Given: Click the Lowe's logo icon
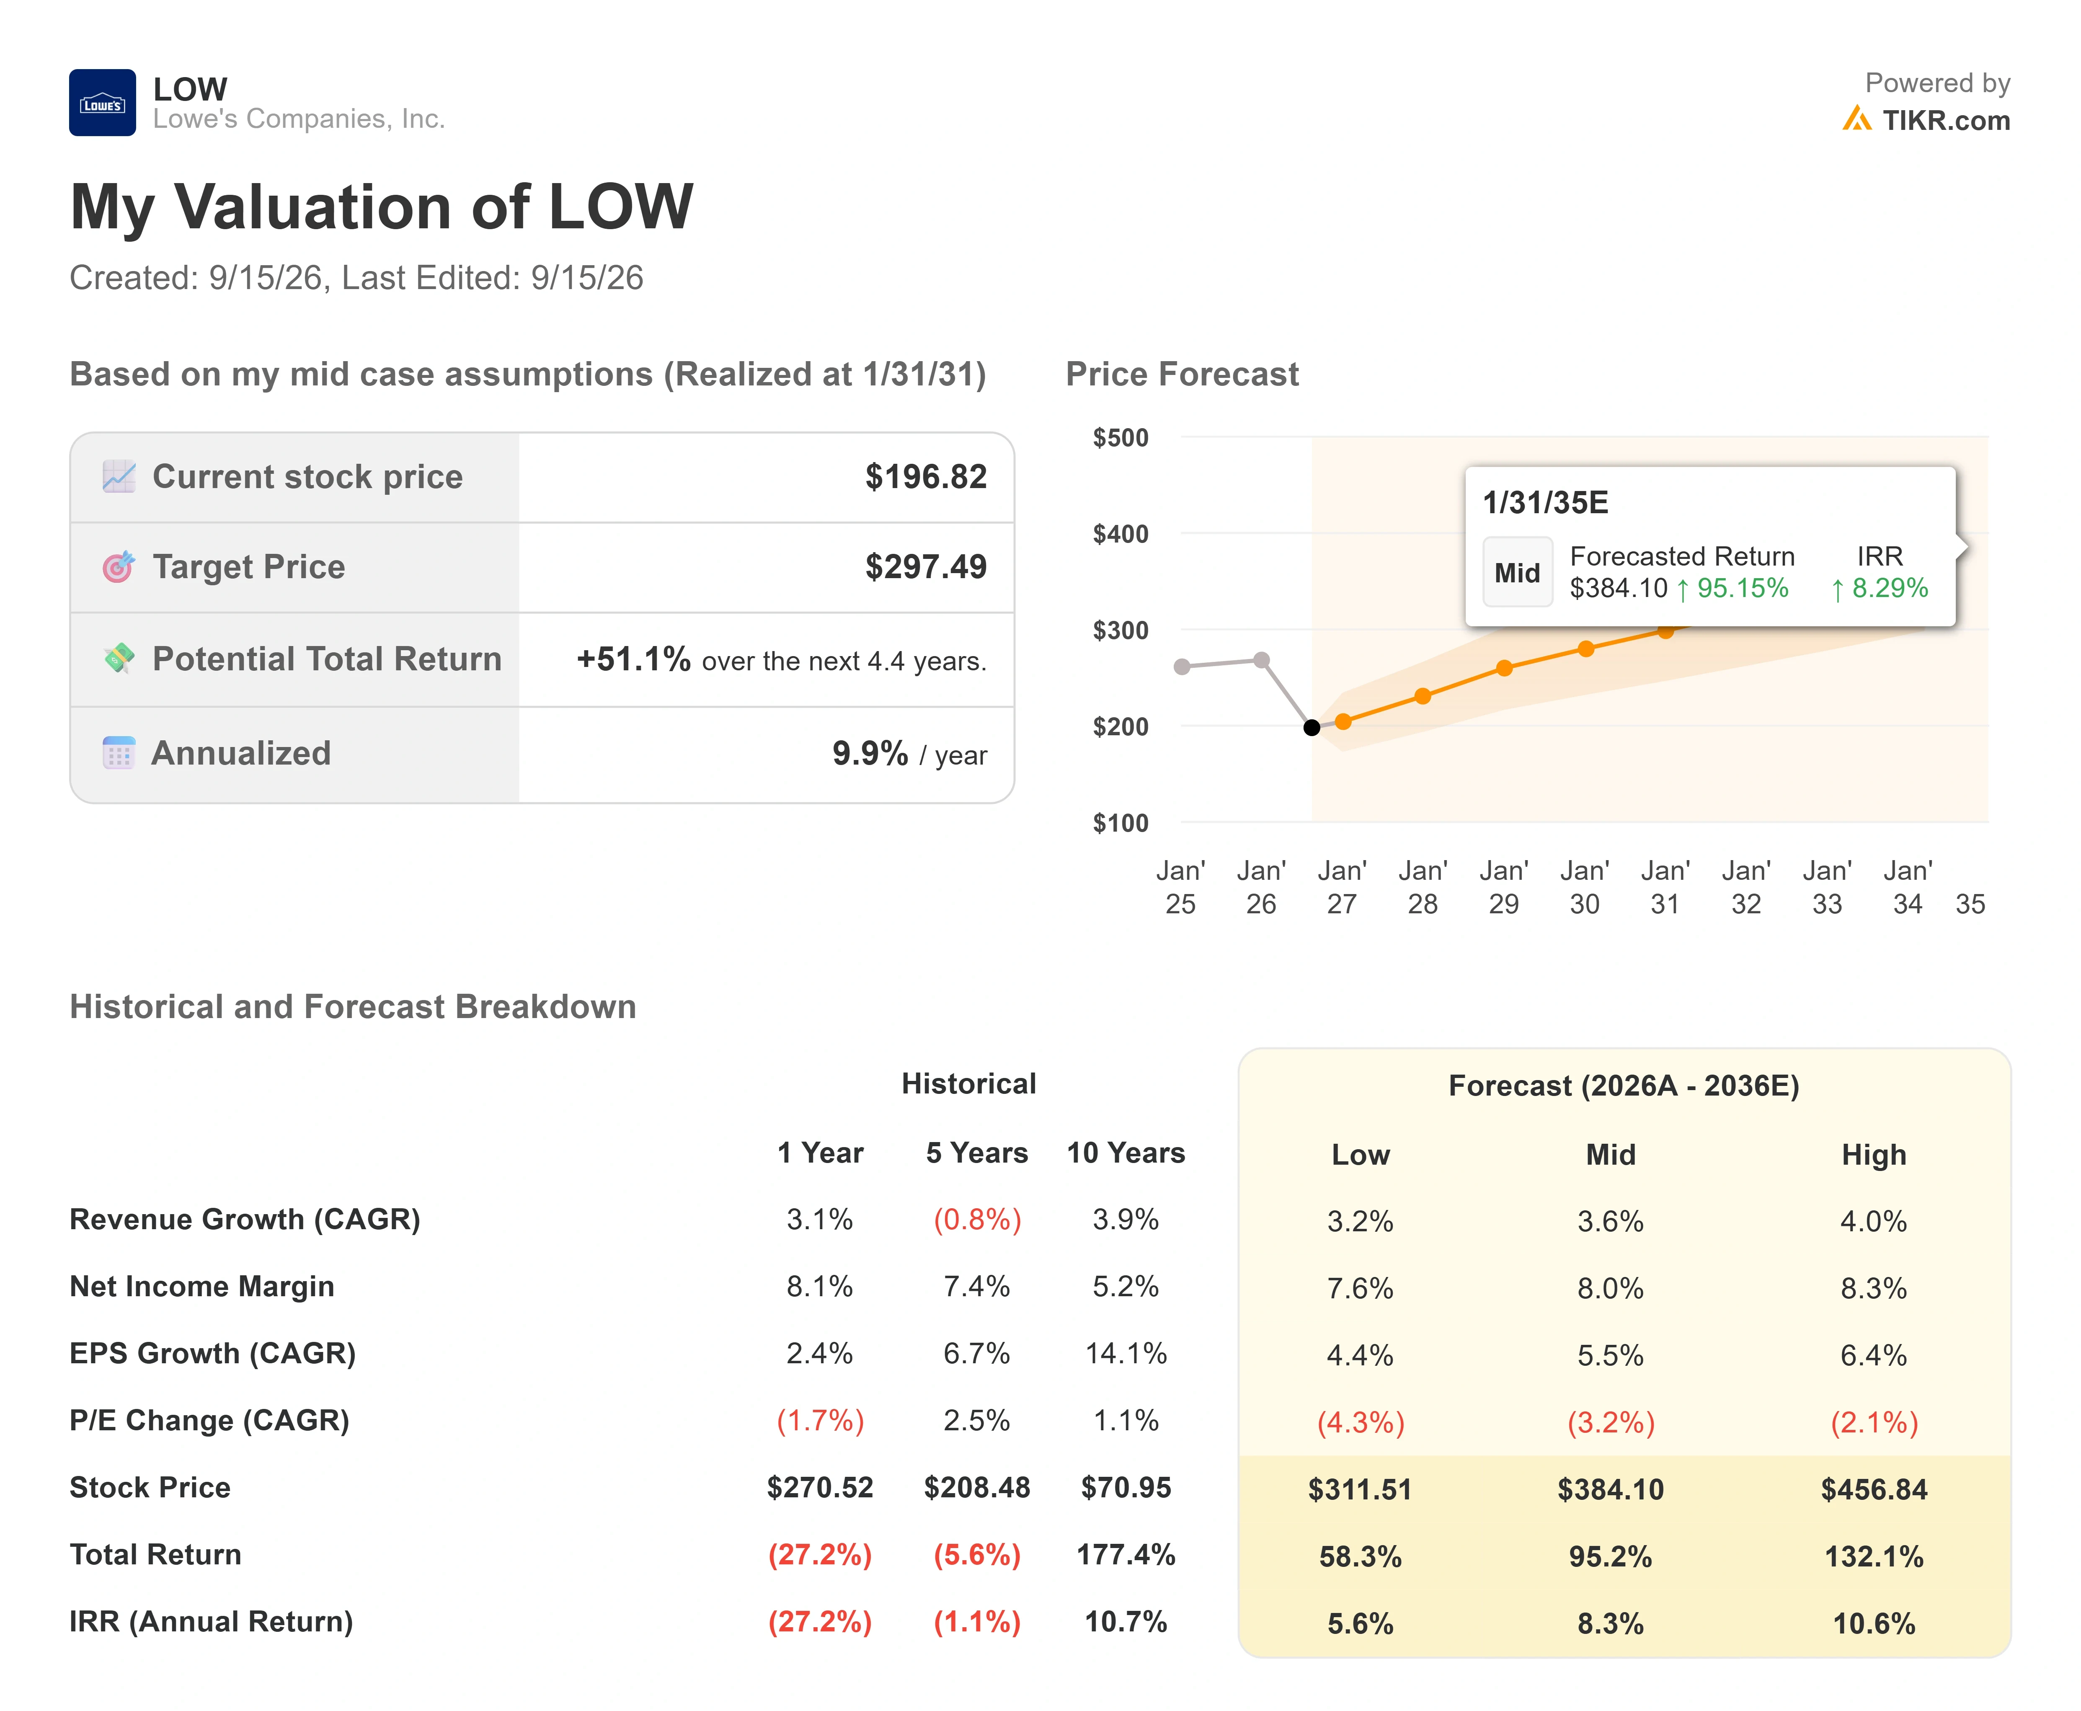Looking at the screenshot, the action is pos(103,103).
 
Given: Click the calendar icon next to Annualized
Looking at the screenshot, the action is pos(118,753).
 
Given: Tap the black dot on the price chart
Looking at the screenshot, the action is pos(1312,727).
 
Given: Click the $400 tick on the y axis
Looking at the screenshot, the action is pos(1121,534).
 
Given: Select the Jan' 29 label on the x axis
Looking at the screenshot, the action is pos(1504,887).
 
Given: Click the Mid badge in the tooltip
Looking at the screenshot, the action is pos(1517,573).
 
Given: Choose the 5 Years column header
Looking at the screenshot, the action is pos(976,1153).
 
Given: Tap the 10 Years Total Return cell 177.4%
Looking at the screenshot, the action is pos(1125,1555).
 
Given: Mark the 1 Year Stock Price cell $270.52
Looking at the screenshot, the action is pos(820,1487).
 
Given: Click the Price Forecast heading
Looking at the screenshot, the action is pos(1183,375).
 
